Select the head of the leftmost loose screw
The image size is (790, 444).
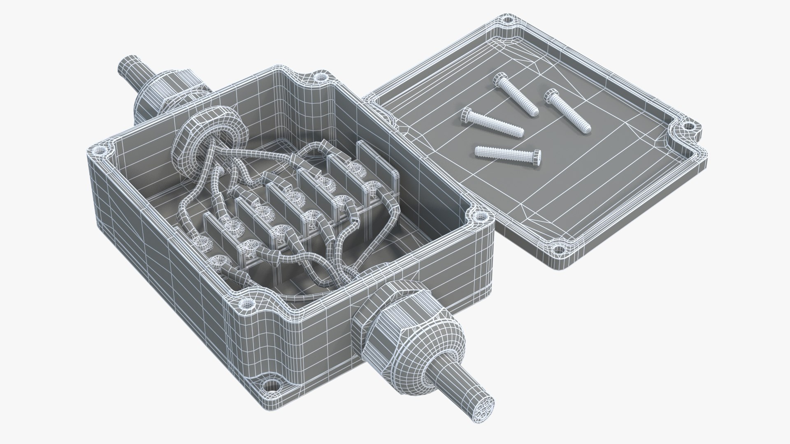pyautogui.click(x=468, y=115)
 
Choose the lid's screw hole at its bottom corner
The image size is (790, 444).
pyautogui.click(x=558, y=249)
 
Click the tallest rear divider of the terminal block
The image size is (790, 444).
pyautogui.click(x=377, y=164)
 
